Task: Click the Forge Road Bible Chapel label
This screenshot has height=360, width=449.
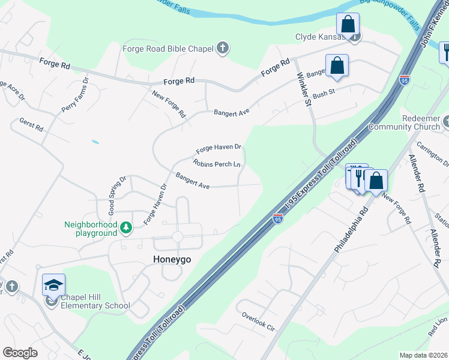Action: pos(169,48)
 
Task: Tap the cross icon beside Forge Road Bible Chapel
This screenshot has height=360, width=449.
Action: pos(223,48)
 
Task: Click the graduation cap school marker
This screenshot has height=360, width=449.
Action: pos(53,284)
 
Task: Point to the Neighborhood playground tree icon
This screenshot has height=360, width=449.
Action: pos(125,227)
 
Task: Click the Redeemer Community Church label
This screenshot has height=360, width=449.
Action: pos(403,123)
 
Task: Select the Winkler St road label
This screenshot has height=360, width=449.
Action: pos(305,88)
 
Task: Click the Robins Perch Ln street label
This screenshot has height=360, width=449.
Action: pos(217,163)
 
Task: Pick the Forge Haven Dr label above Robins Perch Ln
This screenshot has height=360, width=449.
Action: pos(218,148)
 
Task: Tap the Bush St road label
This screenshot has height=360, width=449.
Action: pos(323,94)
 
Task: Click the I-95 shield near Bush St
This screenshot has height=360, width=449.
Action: pos(404,79)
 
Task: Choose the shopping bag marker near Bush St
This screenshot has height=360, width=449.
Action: pos(337,66)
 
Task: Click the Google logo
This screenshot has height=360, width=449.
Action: pos(20,352)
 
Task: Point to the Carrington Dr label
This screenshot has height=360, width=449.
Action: pos(436,155)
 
